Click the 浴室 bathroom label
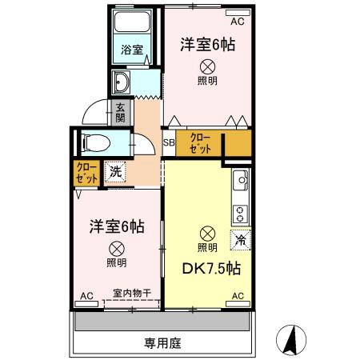[x=132, y=50]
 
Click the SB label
[x=169, y=143]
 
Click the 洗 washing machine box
[x=116, y=170]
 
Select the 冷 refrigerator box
[x=238, y=238]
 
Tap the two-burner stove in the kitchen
[x=238, y=214]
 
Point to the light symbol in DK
[x=207, y=233]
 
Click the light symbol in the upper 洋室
[x=206, y=67]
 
